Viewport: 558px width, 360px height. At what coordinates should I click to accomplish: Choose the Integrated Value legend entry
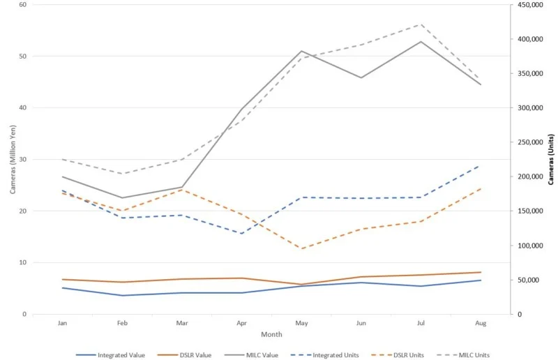coord(116,355)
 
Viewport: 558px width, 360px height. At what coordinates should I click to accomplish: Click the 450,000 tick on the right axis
coord(527,5)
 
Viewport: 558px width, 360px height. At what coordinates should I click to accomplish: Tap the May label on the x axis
coord(301,324)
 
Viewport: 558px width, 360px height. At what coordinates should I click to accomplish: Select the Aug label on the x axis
coord(481,324)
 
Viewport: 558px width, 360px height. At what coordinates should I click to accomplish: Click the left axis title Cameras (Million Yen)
coord(13,159)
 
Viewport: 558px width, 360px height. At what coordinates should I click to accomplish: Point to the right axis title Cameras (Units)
coord(551,159)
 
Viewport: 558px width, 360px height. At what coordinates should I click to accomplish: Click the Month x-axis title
coord(271,336)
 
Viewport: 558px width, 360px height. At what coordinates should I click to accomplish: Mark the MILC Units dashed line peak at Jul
coord(421,24)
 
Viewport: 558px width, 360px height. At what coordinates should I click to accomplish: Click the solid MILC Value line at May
coord(301,51)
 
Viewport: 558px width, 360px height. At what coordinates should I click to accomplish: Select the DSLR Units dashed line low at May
coord(301,248)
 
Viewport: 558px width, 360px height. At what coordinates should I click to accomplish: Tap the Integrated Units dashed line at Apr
coord(241,233)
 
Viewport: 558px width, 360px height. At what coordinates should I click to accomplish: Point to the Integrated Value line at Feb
coord(122,295)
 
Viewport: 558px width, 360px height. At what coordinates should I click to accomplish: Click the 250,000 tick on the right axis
coord(527,142)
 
